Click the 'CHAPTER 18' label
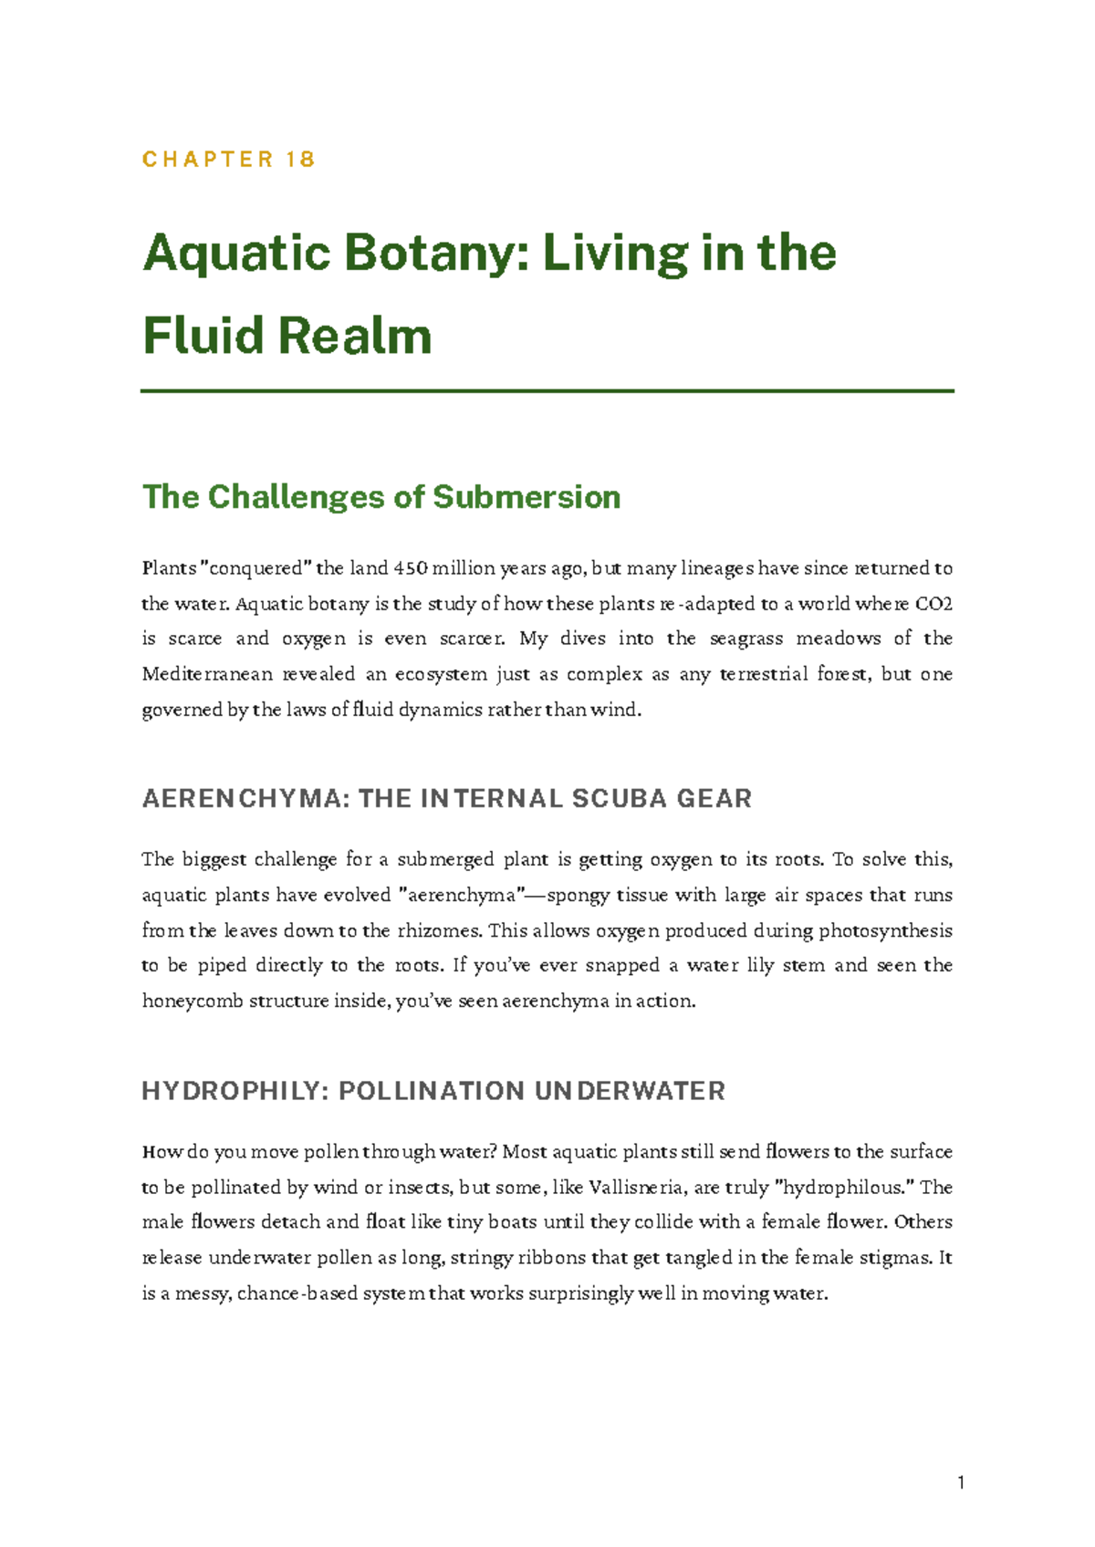coord(229,160)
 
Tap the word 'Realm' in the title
coord(355,336)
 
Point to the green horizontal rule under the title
coord(547,390)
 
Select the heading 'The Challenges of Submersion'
coord(381,497)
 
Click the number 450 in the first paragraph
coord(410,568)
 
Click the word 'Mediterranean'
coord(207,675)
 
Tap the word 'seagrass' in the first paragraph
coord(746,639)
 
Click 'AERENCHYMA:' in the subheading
coord(245,799)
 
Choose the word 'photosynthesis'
coord(884,931)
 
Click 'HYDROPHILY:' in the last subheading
coord(235,1091)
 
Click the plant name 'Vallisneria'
coord(636,1188)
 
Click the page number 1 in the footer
coord(961,1483)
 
